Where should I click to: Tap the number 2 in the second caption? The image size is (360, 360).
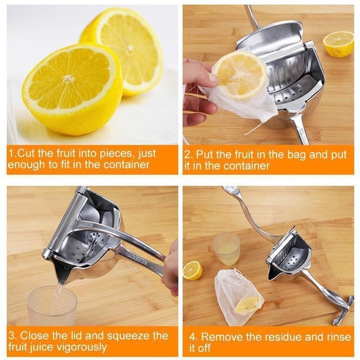pos(188,154)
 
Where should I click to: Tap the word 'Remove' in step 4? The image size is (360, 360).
pos(222,337)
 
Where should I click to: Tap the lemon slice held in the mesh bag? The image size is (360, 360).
pos(239,74)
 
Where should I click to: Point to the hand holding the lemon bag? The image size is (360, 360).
pos(196,90)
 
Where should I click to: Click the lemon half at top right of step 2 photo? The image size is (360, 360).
pos(338,43)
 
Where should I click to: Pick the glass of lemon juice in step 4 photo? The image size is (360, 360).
pos(226,249)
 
